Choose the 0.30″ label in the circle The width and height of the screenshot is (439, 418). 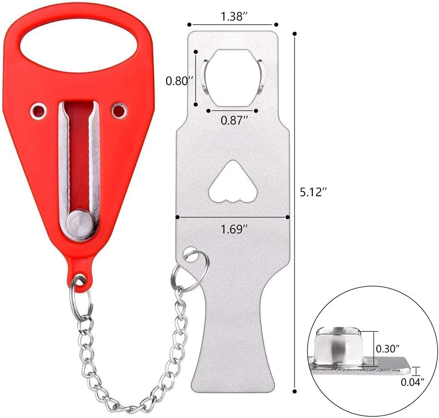[x=387, y=349]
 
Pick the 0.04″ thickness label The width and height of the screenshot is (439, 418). [x=413, y=382]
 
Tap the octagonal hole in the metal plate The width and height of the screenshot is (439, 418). [x=232, y=78]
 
